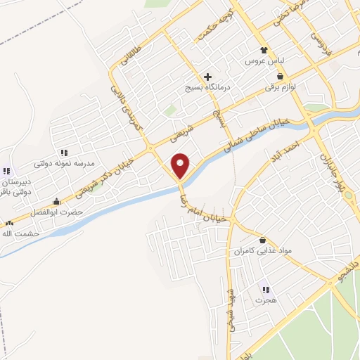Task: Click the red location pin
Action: click(x=181, y=165)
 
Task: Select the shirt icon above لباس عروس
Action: click(x=264, y=51)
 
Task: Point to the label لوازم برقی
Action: click(x=281, y=87)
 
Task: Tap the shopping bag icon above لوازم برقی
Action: click(x=281, y=76)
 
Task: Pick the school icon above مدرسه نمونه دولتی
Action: click(x=64, y=152)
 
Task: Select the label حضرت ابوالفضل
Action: click(x=57, y=212)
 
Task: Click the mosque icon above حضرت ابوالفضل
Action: click(x=56, y=202)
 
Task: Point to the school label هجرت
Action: click(x=264, y=300)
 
